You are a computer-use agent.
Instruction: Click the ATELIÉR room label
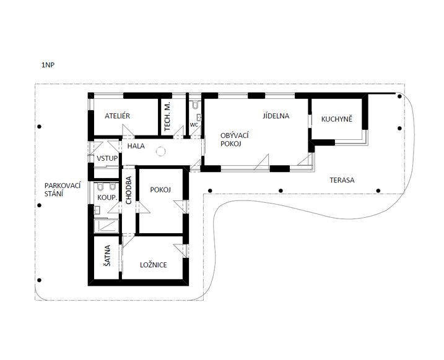click(x=117, y=116)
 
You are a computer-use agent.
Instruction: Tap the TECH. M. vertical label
click(x=167, y=116)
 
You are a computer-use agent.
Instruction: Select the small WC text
click(x=194, y=125)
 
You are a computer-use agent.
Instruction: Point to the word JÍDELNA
click(x=276, y=116)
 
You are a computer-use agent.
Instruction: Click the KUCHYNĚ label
click(x=337, y=119)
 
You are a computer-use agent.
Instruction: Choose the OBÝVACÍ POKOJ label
click(x=235, y=139)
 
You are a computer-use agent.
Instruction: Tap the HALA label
click(x=136, y=146)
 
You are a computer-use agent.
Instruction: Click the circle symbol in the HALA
click(x=160, y=152)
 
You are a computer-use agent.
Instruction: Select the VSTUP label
click(x=107, y=158)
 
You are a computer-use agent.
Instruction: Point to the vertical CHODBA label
click(x=129, y=190)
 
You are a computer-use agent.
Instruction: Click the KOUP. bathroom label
click(x=107, y=197)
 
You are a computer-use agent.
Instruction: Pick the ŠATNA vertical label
click(x=107, y=255)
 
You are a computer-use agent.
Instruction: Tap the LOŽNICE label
click(x=154, y=265)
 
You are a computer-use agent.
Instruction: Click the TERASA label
click(x=342, y=180)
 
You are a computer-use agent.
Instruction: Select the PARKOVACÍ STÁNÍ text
click(x=63, y=190)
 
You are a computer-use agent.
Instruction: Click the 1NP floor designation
click(x=48, y=65)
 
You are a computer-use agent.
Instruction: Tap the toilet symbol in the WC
click(x=195, y=105)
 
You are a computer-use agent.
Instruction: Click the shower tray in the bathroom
click(x=106, y=226)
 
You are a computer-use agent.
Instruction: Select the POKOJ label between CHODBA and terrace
click(x=160, y=190)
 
